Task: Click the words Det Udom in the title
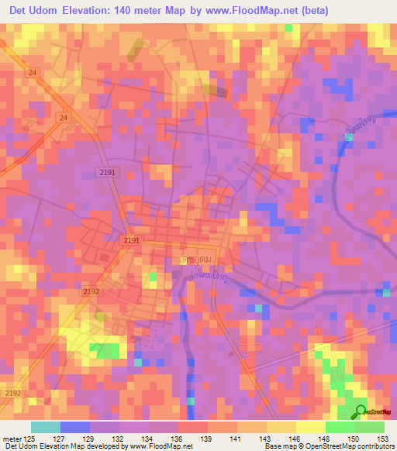click(37, 11)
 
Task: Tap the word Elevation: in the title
click(97, 11)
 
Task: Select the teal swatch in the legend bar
click(46, 427)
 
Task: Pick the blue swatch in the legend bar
click(75, 427)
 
